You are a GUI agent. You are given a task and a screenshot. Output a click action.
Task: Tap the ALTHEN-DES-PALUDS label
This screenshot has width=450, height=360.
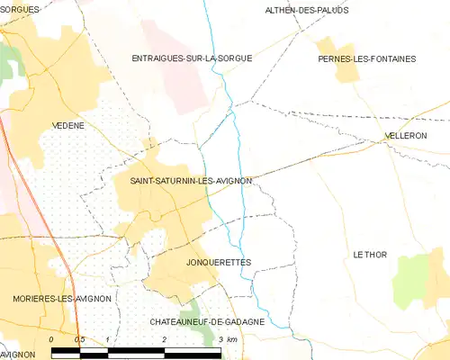306,10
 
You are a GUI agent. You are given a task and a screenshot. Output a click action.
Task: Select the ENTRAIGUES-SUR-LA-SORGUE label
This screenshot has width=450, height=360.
192,58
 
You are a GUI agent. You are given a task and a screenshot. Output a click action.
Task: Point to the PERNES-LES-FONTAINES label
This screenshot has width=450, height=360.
367,58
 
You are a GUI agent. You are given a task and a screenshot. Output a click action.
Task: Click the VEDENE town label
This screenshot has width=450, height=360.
68,126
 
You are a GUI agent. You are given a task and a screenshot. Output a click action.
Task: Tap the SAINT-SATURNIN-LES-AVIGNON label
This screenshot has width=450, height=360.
190,181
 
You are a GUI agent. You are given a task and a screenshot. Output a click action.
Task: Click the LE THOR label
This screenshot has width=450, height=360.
370,255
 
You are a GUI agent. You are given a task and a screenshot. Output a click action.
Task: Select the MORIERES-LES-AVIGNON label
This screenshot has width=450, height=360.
62,298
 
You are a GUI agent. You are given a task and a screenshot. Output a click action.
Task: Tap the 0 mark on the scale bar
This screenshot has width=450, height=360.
51,339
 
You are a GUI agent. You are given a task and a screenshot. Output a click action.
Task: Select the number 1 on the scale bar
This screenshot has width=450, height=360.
107,339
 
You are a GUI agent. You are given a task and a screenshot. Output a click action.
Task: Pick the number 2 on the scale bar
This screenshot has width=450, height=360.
164,339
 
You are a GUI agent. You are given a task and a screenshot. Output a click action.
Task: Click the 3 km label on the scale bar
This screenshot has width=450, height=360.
227,339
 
